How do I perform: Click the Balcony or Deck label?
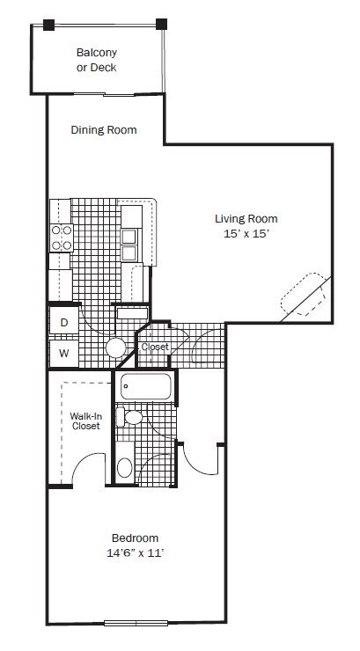[96, 60]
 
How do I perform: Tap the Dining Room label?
[104, 130]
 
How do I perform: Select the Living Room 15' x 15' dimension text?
[246, 234]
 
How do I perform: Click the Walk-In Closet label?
[86, 421]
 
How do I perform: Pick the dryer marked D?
[64, 322]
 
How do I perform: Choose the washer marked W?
[63, 354]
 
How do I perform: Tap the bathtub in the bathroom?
[146, 386]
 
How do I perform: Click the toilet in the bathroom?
[129, 417]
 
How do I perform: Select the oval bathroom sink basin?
[125, 468]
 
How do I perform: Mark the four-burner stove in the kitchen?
[62, 238]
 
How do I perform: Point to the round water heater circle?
[116, 347]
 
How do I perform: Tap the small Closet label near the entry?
[155, 347]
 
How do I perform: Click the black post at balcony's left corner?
[48, 25]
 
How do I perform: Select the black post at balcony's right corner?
[162, 24]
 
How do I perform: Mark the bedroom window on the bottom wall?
[136, 623]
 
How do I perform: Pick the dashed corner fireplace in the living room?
[304, 294]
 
